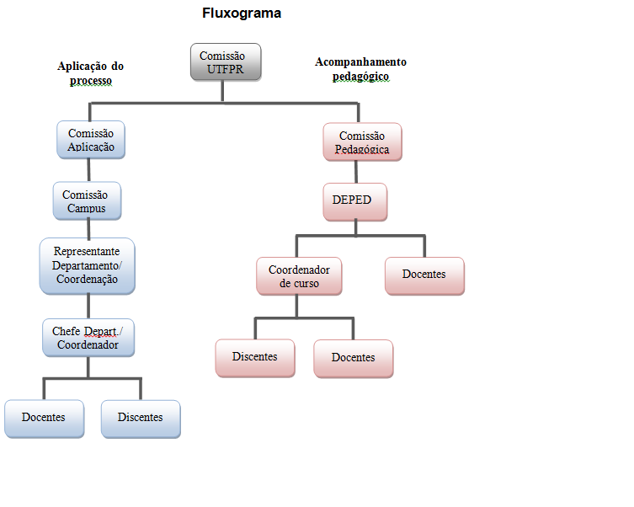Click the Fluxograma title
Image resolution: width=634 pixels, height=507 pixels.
click(241, 13)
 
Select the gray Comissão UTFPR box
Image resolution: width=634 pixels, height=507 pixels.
click(225, 63)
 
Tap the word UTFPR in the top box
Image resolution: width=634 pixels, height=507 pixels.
click(225, 70)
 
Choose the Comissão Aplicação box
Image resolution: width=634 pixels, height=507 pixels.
click(91, 140)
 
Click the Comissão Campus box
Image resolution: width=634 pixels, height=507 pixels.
click(85, 200)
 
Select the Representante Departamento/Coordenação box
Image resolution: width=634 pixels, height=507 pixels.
click(87, 265)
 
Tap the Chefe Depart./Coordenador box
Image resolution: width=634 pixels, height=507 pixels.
click(88, 337)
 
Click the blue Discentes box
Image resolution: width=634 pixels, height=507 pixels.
click(141, 417)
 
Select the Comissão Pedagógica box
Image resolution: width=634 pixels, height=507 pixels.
click(362, 142)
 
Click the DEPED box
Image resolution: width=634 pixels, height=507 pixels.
click(354, 201)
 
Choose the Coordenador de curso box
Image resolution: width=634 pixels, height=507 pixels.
click(299, 276)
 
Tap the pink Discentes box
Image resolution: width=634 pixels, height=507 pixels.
click(254, 357)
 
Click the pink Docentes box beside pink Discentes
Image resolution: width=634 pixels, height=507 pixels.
click(353, 358)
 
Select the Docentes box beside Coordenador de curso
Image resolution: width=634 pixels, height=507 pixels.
click(424, 275)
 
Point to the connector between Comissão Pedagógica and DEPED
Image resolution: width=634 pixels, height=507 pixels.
click(357, 172)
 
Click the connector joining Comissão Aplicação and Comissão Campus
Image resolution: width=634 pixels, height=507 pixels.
click(88, 170)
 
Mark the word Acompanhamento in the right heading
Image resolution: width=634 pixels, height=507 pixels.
click(360, 62)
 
